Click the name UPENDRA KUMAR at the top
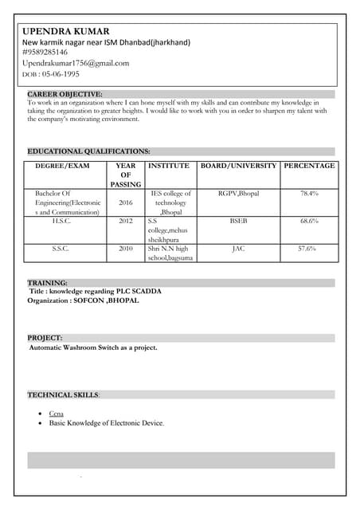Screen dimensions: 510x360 point(66,31)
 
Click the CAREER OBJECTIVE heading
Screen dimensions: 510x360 point(65,94)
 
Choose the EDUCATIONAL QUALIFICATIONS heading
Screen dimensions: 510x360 point(89,151)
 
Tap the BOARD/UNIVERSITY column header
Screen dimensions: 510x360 point(239,166)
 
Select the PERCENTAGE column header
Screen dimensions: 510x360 point(310,166)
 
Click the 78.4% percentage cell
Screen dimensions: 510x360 point(310,194)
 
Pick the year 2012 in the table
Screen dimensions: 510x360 point(126,221)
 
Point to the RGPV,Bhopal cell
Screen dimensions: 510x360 point(238,194)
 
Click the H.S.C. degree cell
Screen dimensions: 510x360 point(61,221)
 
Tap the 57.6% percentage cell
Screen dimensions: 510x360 point(307,249)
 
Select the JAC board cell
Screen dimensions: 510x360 point(238,249)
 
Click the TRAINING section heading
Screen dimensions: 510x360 point(48,282)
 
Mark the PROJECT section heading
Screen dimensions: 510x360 point(45,338)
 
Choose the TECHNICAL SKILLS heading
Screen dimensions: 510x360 point(64,394)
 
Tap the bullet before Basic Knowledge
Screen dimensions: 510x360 point(41,424)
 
